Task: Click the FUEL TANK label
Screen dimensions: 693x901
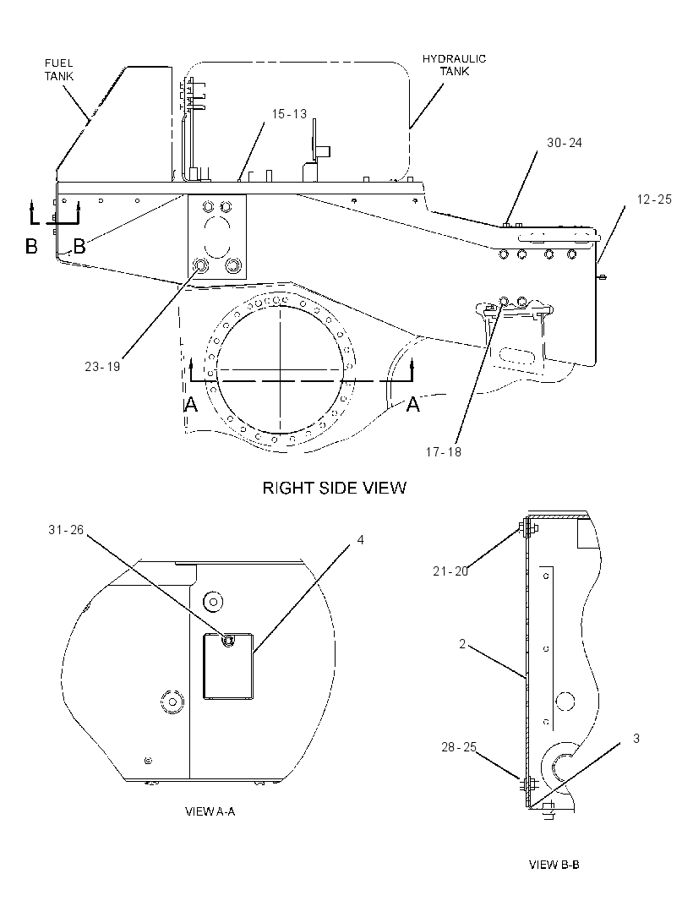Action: [59, 69]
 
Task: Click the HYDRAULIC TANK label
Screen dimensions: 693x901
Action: [454, 65]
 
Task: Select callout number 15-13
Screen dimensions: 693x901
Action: [289, 114]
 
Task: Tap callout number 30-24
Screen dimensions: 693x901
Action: [565, 143]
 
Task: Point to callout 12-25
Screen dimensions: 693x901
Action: [654, 199]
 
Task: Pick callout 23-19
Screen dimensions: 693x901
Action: [102, 367]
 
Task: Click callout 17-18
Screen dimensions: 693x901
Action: [443, 452]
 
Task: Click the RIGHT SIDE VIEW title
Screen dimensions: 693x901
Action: [335, 488]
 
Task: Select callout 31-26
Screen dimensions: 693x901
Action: [66, 530]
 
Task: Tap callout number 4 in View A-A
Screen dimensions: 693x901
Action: [360, 540]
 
